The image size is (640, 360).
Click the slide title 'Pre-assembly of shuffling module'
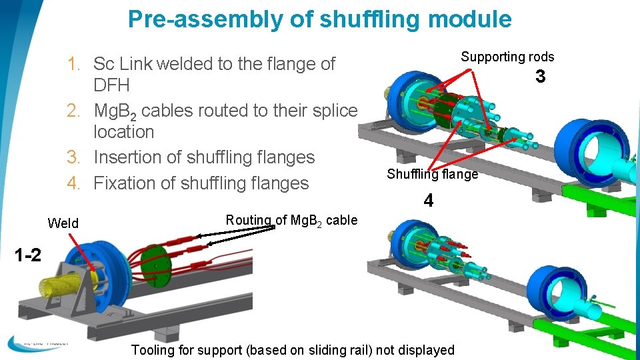tap(319, 19)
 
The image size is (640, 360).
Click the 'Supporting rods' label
tap(507, 57)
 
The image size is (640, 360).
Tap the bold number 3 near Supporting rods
tap(540, 77)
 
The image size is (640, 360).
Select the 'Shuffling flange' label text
tap(432, 174)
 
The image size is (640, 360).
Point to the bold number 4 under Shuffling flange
tap(429, 200)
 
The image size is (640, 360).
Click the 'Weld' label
tap(63, 223)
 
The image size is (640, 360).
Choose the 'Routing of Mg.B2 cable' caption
tap(291, 220)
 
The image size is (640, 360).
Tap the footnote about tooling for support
tap(293, 350)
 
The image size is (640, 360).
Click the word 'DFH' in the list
tap(111, 85)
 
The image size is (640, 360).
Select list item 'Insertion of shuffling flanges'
tap(203, 157)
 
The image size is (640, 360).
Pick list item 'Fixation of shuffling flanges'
tap(201, 183)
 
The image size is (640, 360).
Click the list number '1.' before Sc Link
tap(75, 65)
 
